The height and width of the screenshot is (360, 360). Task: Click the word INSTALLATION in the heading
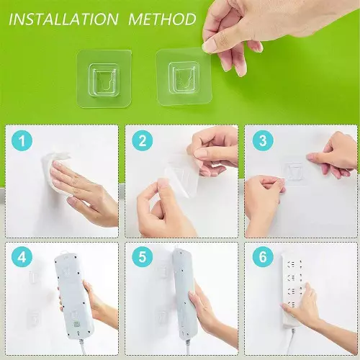[63, 19]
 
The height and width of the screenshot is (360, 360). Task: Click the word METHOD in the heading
[163, 19]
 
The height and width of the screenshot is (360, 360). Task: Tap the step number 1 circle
[22, 140]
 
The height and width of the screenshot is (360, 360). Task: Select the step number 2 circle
[143, 140]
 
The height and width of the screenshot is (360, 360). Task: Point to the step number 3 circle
[263, 140]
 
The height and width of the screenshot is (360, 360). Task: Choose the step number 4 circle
[22, 257]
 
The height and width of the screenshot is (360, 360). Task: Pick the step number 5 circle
[143, 257]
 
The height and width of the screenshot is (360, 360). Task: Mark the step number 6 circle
[263, 257]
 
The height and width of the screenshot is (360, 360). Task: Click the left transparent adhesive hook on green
[104, 78]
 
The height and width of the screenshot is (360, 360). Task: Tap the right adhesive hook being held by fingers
[184, 77]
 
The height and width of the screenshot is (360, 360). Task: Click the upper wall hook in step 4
[34, 277]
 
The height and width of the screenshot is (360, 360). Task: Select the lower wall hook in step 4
[34, 318]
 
